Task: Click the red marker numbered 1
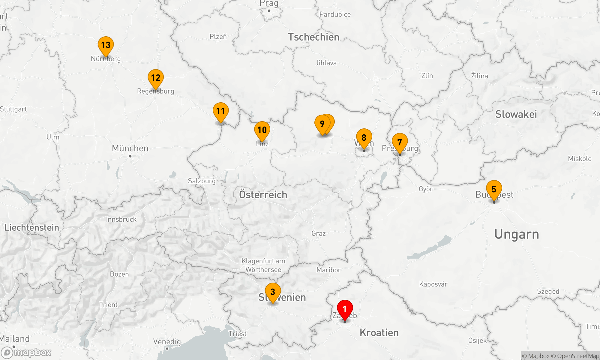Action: click(x=345, y=309)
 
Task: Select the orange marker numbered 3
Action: click(x=273, y=292)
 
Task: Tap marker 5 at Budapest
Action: click(x=494, y=189)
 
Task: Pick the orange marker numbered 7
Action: click(x=400, y=142)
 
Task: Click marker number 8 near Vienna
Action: click(x=364, y=138)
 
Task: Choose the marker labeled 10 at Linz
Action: click(x=262, y=130)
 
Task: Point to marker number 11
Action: click(x=220, y=111)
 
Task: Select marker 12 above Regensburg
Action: click(x=156, y=78)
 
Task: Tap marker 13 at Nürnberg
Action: click(x=106, y=45)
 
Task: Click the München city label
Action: click(x=130, y=148)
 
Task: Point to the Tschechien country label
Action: click(x=313, y=37)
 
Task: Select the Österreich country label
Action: click(x=263, y=195)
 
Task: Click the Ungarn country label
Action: click(x=517, y=234)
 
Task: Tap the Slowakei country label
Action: click(x=516, y=114)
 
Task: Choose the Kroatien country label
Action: click(x=379, y=333)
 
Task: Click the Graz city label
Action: click(x=318, y=233)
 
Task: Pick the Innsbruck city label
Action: click(x=121, y=219)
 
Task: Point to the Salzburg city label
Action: click(x=202, y=181)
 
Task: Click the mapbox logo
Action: click(x=26, y=352)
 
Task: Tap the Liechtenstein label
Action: click(x=32, y=227)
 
